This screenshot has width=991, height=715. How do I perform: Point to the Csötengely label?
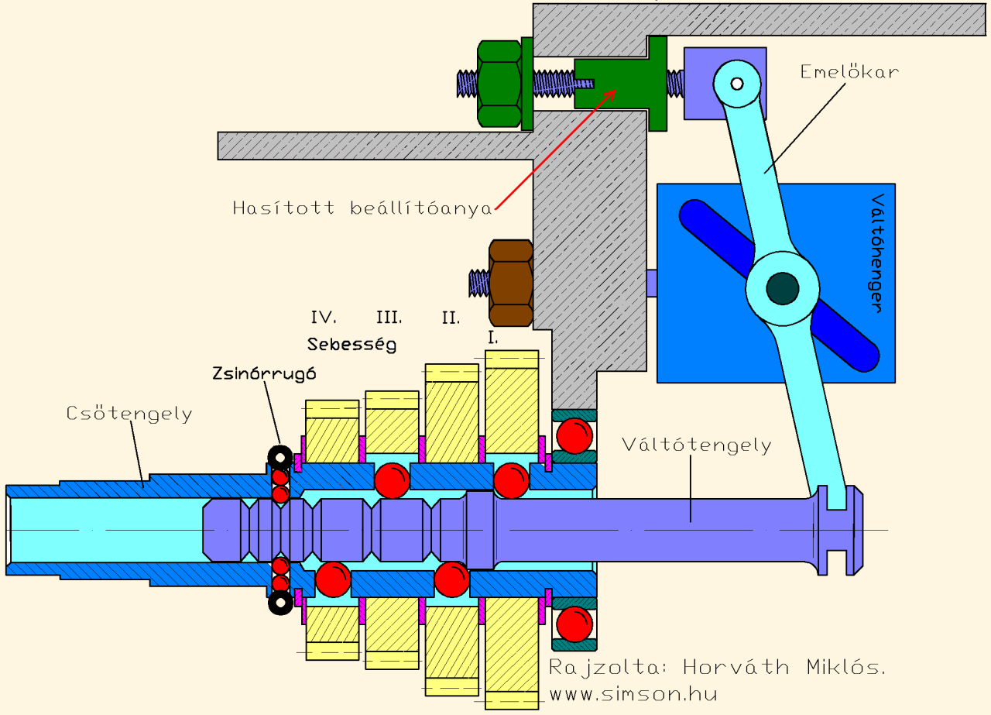(129, 414)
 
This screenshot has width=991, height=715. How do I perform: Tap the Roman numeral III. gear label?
(389, 317)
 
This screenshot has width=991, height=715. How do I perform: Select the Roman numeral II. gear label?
(451, 317)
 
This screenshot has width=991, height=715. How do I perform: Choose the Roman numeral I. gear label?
(493, 338)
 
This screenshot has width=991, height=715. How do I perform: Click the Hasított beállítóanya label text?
(362, 208)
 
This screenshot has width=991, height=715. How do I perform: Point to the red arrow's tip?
(616, 90)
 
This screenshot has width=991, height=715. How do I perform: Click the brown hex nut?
(511, 282)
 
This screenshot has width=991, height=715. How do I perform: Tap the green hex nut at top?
(499, 83)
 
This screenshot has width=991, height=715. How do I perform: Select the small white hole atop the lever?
(736, 83)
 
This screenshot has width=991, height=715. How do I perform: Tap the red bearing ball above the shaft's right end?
(574, 435)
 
